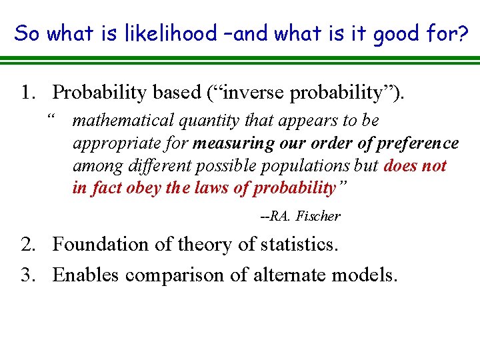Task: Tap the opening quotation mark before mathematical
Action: coord(51,120)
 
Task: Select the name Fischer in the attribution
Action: coord(318,216)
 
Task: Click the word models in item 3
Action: coord(364,274)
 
